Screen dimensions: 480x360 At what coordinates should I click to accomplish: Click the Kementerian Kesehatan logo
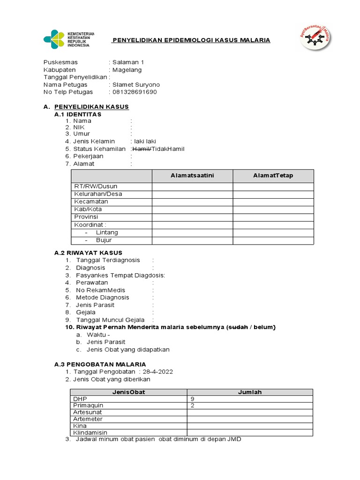(68, 39)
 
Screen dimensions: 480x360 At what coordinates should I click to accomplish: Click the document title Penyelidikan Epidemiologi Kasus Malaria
(191, 40)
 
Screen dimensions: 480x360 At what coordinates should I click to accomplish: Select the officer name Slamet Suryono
(136, 85)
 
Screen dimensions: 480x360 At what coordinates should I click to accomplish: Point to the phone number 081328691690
(135, 92)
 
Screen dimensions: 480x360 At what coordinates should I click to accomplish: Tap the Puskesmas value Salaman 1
(128, 62)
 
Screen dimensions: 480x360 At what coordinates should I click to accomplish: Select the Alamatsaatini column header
(192, 176)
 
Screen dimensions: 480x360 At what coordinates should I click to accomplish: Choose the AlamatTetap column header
(273, 176)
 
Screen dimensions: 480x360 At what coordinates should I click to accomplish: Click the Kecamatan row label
(91, 202)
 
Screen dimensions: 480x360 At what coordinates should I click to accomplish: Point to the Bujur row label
(104, 240)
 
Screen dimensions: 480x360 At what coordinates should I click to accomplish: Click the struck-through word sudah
(237, 327)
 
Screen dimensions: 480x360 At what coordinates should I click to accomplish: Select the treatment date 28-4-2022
(157, 372)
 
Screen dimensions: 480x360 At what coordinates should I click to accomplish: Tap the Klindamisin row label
(90, 433)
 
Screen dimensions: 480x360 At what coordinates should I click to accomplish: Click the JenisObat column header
(128, 392)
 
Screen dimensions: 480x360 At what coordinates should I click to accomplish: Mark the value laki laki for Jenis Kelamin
(144, 142)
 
